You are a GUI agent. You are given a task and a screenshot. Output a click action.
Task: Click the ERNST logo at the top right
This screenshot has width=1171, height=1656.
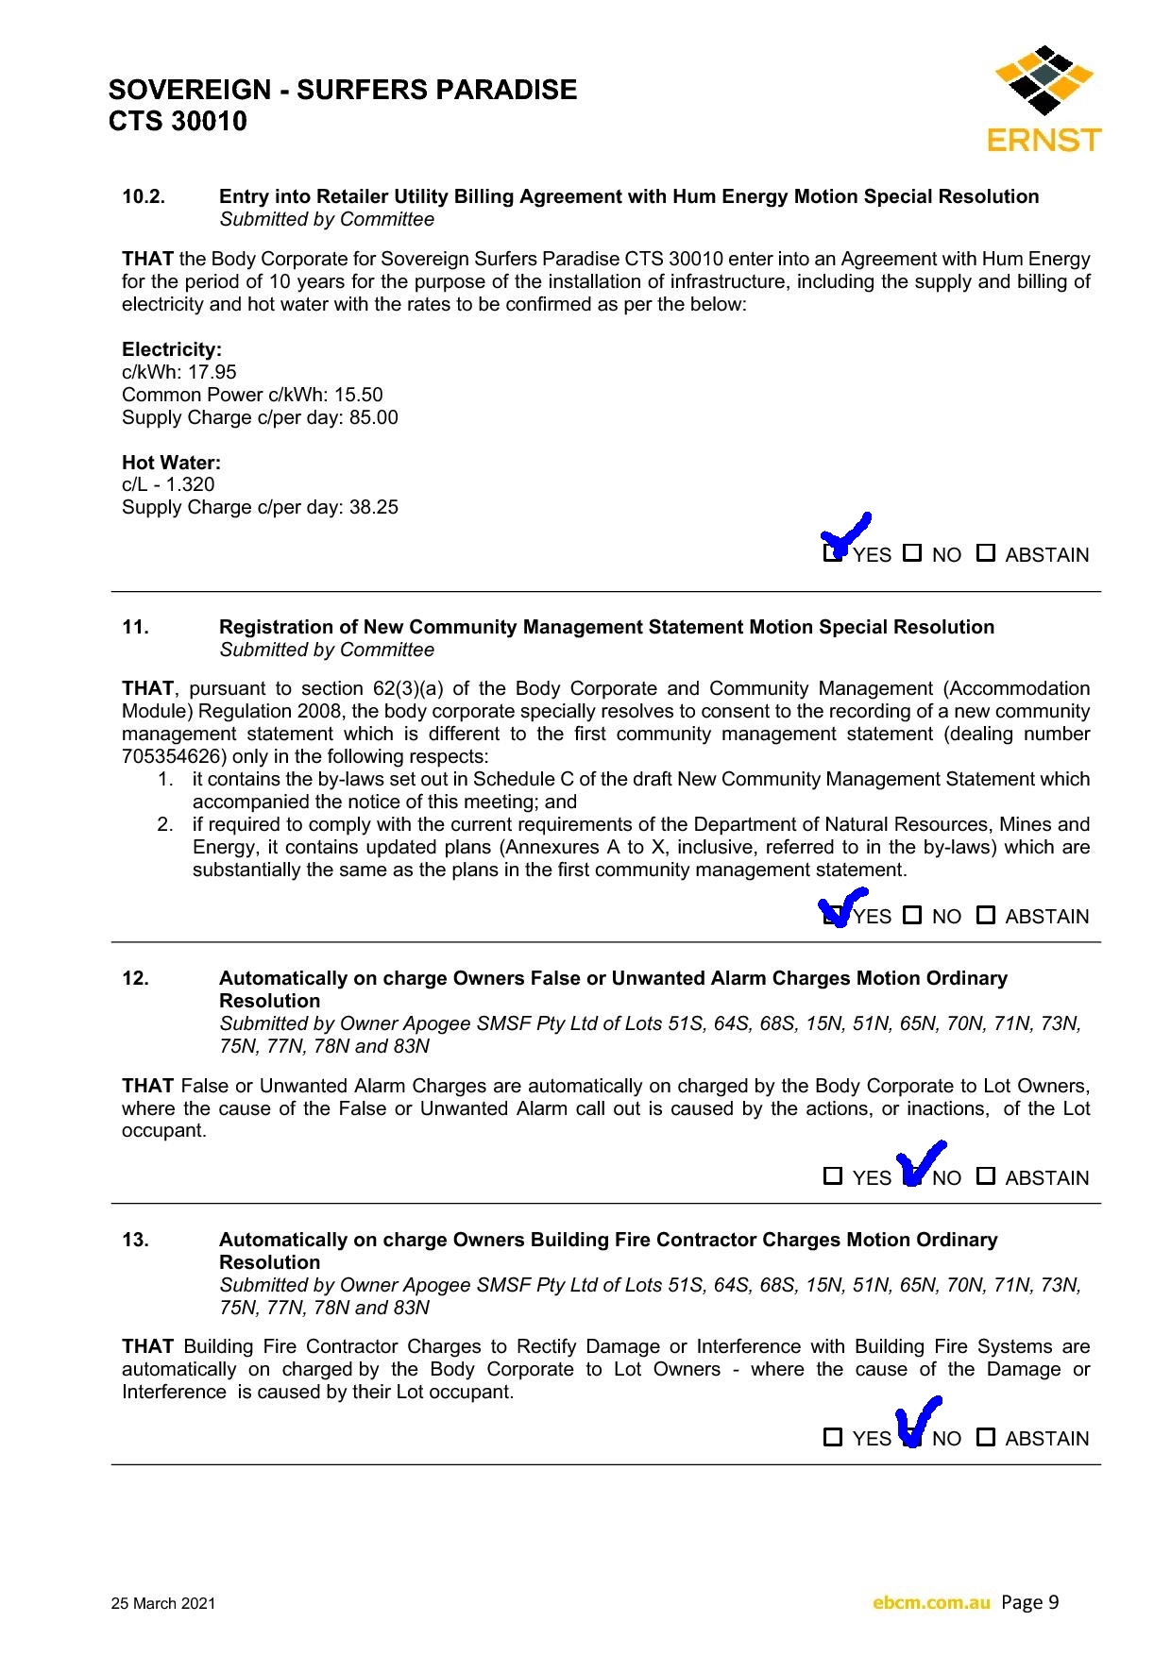tap(1044, 99)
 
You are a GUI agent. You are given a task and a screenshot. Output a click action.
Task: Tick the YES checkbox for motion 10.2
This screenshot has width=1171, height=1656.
tap(832, 553)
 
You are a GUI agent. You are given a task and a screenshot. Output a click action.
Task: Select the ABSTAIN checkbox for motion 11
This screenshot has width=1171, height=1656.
tap(986, 915)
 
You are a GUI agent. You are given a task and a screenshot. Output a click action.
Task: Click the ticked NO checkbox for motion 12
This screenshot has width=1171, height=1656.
tap(911, 1176)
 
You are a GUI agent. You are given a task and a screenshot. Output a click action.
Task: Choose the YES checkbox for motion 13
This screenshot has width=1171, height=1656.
tap(833, 1437)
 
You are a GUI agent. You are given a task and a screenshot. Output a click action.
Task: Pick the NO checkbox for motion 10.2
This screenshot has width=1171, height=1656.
tap(912, 553)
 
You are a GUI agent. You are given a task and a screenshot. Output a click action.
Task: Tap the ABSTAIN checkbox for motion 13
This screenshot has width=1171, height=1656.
tap(986, 1437)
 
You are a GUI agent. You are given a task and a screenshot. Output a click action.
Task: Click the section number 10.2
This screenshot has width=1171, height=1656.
tap(144, 196)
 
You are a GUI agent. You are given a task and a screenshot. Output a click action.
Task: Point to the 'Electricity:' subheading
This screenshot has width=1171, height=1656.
tap(172, 349)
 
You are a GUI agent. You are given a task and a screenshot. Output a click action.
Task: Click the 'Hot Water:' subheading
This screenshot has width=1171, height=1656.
tap(171, 463)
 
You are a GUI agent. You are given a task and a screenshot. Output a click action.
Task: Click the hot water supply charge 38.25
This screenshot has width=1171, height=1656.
tap(374, 507)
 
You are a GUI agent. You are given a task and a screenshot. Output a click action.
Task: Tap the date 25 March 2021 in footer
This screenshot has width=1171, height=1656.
tap(163, 1603)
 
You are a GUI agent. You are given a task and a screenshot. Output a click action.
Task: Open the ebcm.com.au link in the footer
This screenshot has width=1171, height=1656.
tap(931, 1602)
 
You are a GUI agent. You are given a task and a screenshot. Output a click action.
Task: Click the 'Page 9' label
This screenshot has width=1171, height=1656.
tap(1030, 1602)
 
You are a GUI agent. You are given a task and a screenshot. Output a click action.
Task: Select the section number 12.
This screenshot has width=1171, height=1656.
tap(135, 978)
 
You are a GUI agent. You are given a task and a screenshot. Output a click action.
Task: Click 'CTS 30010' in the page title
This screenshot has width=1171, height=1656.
tap(178, 121)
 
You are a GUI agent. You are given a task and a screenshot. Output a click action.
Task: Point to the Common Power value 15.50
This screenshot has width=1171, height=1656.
tap(358, 395)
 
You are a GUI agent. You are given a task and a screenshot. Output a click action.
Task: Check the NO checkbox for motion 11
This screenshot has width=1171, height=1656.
tap(912, 915)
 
